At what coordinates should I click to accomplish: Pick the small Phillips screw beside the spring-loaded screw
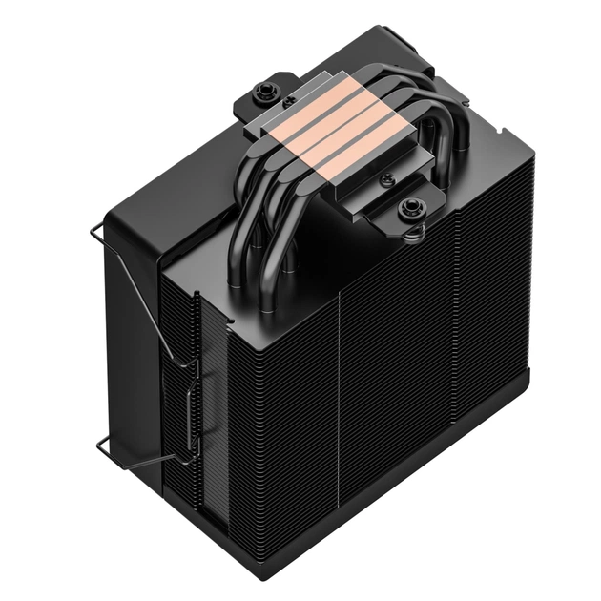click(385, 179)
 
